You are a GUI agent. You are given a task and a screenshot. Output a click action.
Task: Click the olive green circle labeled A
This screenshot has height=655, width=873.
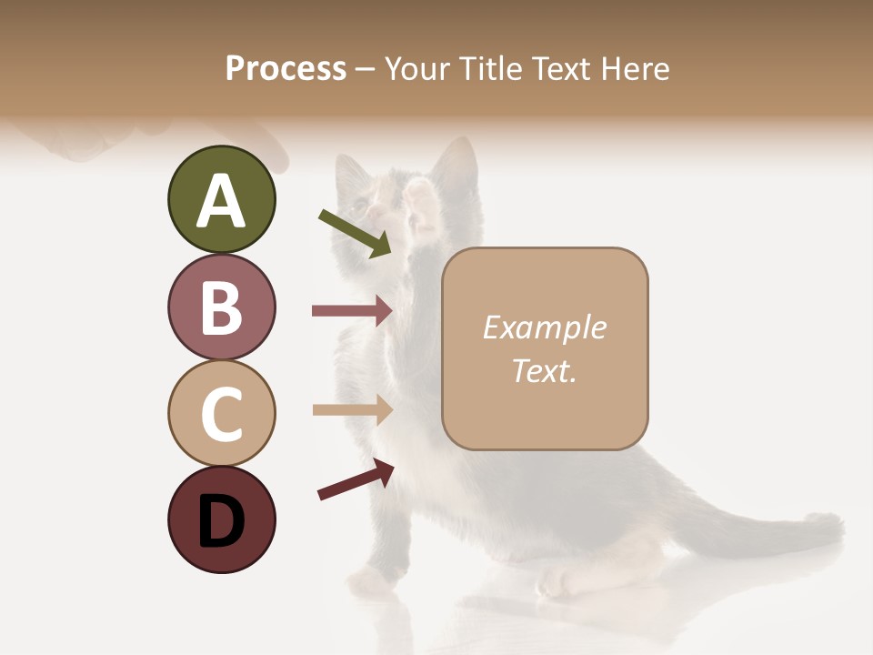click(221, 200)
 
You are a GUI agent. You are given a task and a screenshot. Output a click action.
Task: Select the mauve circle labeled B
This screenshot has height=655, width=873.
click(221, 307)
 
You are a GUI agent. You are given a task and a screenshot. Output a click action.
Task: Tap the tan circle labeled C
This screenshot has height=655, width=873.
click(221, 413)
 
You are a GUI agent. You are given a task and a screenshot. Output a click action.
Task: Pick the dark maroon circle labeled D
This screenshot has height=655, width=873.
click(221, 519)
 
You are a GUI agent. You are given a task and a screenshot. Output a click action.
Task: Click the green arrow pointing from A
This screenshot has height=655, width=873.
click(354, 233)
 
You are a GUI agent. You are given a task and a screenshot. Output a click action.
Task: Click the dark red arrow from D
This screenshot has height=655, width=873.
click(356, 479)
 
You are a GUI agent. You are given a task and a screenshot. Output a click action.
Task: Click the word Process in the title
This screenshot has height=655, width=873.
click(286, 69)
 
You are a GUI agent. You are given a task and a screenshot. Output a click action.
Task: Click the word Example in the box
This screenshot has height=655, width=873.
click(544, 327)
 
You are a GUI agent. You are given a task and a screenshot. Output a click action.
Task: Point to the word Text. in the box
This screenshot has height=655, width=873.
click(544, 370)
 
